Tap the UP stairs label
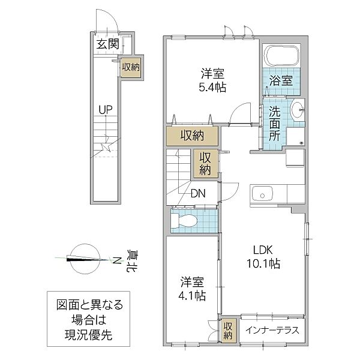click(106, 110)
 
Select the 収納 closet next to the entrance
click(130, 67)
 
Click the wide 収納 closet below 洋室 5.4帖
click(190, 136)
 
